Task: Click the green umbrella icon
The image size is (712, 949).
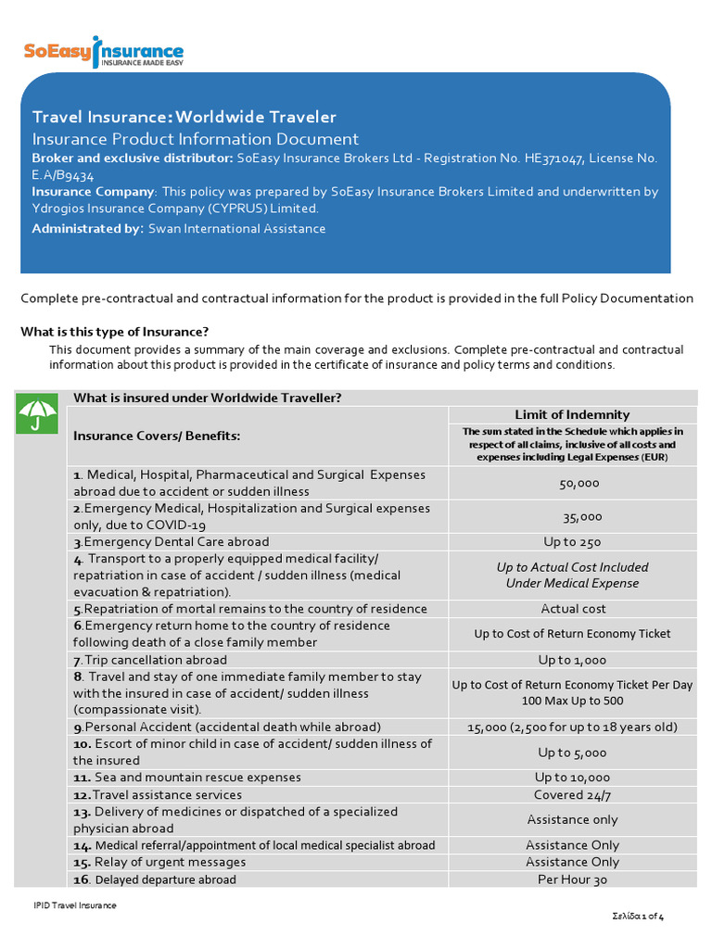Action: (38, 416)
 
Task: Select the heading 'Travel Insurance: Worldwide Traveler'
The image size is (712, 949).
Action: (184, 117)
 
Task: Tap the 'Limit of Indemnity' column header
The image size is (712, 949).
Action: (572, 414)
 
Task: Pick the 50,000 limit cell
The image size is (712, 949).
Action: (579, 483)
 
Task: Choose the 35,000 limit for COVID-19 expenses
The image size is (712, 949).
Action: (582, 516)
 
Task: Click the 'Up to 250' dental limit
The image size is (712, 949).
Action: (572, 541)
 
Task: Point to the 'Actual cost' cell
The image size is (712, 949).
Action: (573, 609)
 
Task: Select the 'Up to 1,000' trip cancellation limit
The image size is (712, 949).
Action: (572, 660)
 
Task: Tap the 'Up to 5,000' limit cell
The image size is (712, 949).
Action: (572, 753)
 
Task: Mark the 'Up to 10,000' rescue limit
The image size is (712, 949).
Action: (572, 778)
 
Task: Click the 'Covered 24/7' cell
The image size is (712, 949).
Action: (572, 794)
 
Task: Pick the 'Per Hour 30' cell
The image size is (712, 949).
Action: (572, 879)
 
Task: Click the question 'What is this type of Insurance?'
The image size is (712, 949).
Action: (115, 332)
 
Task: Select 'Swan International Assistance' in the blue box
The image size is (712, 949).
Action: (236, 229)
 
